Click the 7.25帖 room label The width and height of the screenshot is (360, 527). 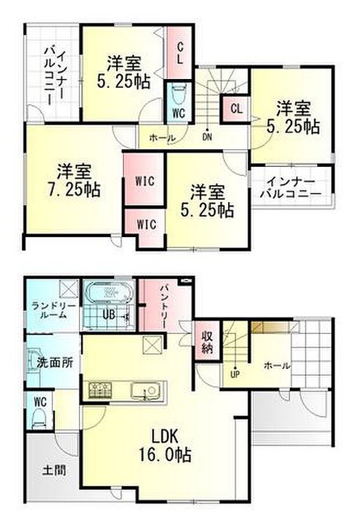(73, 180)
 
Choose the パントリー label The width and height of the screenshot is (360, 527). (163, 306)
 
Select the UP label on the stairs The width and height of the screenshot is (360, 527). (236, 374)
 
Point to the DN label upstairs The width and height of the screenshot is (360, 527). (207, 137)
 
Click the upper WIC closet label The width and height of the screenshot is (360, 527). (145, 181)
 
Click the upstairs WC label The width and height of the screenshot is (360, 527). (178, 113)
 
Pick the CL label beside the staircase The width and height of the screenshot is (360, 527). (236, 109)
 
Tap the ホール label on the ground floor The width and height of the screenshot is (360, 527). (277, 365)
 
